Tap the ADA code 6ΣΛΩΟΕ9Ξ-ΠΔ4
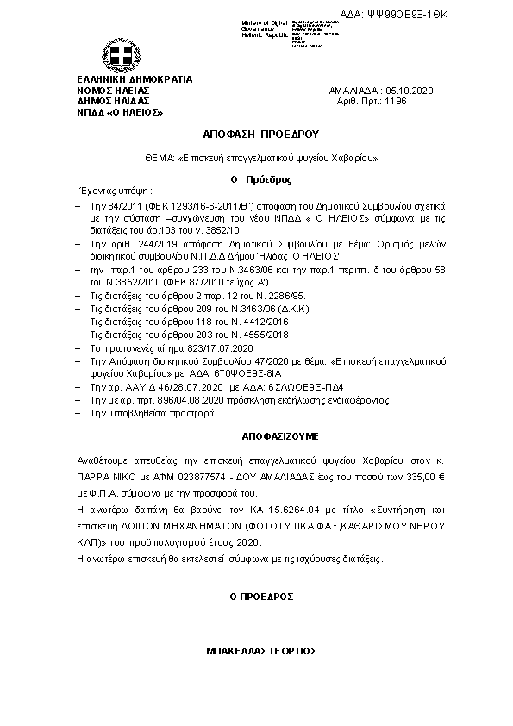(x=246, y=389)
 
